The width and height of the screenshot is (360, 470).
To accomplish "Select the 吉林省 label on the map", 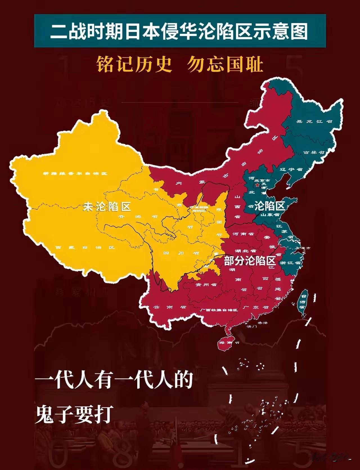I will [314, 152].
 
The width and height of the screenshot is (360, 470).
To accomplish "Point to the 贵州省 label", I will [206, 285].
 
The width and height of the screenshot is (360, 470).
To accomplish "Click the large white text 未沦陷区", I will [107, 207].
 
